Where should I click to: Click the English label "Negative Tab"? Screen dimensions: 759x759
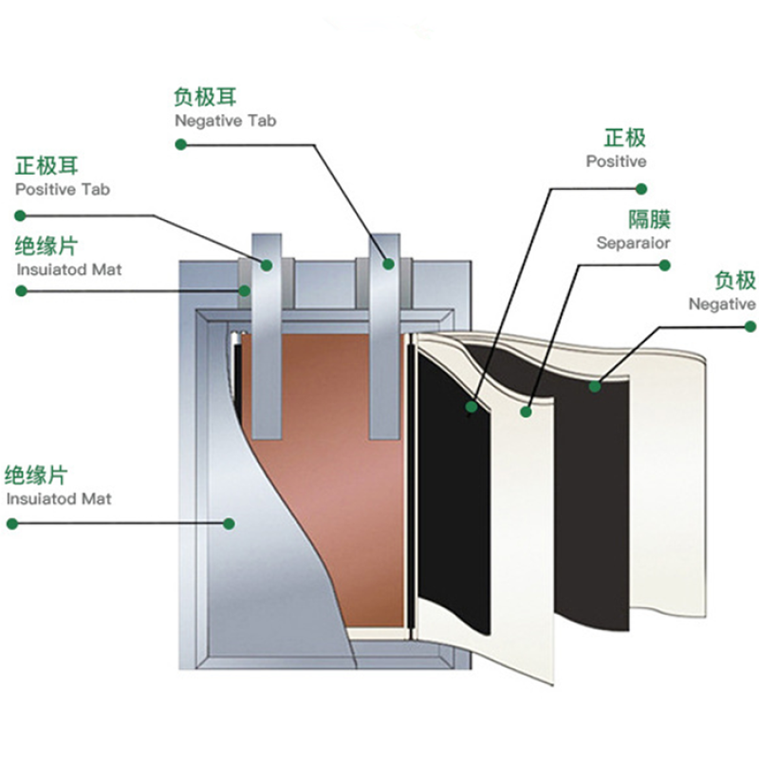click(225, 120)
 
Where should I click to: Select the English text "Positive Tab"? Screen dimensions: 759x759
click(62, 189)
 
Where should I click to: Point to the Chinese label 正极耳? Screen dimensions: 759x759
click(46, 166)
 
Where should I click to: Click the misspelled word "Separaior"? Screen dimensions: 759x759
click(633, 243)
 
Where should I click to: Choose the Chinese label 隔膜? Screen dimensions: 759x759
click(650, 219)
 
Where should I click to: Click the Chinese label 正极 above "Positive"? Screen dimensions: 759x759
click(624, 138)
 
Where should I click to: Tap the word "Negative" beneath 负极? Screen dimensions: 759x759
click(722, 304)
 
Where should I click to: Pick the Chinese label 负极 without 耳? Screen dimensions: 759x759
click(734, 280)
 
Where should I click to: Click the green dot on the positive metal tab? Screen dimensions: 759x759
click(267, 266)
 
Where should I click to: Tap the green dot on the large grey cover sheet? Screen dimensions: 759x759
click(229, 523)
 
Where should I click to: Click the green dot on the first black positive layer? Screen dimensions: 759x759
click(472, 407)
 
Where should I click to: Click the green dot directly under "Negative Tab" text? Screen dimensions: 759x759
click(180, 144)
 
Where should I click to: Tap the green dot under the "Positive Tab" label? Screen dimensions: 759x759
click(19, 214)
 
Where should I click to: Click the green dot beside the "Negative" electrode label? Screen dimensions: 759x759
click(750, 327)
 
